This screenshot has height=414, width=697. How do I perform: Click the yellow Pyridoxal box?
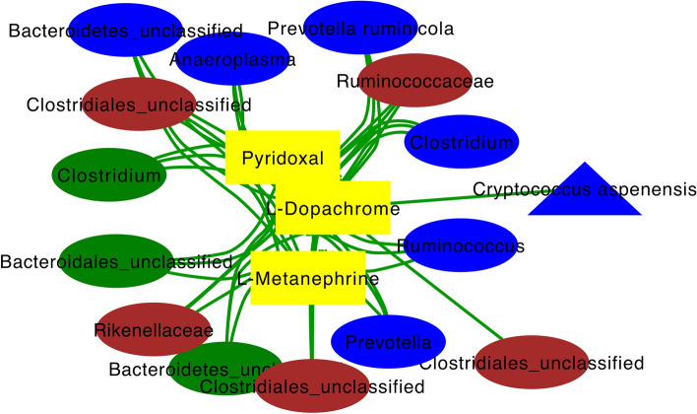coord(282,156)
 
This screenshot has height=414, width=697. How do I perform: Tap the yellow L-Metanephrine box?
coord(308,277)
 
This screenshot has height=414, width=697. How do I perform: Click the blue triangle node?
coord(584,192)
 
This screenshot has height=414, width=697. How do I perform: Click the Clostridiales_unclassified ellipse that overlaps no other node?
coord(531,364)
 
